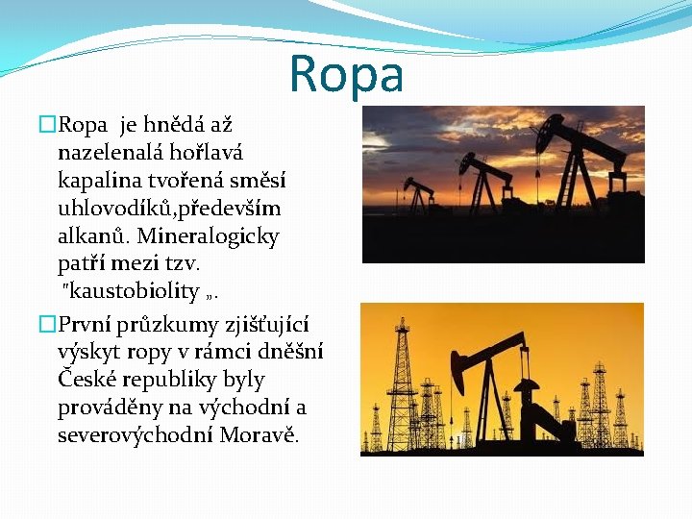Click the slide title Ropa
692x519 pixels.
tap(346, 73)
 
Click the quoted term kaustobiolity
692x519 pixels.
tap(144, 291)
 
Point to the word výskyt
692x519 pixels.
tap(87, 353)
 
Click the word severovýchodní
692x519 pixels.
tap(136, 435)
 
